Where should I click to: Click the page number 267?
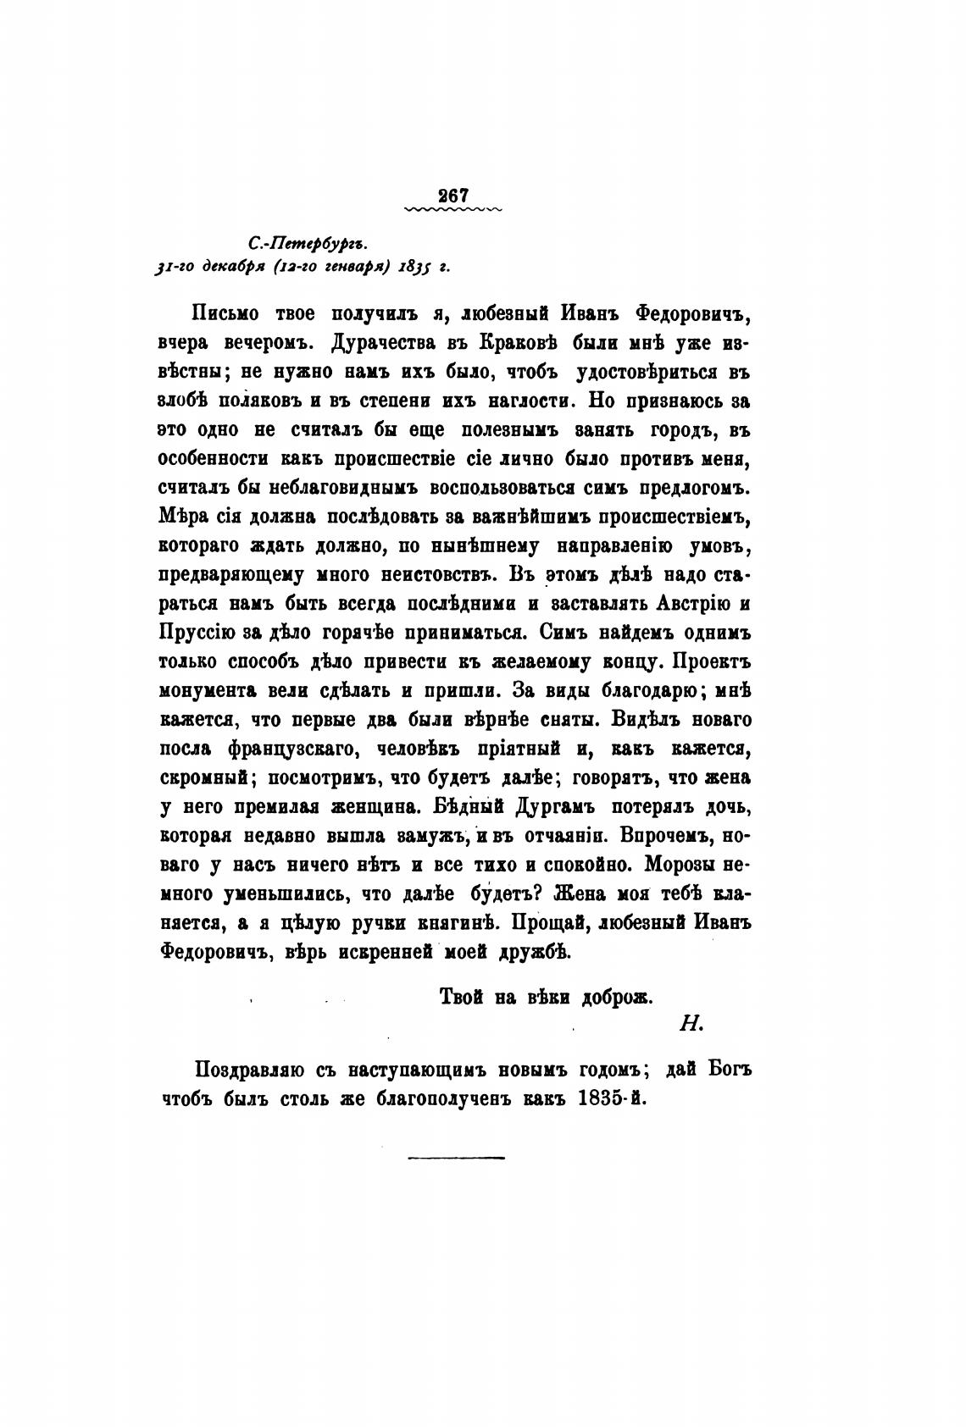454,195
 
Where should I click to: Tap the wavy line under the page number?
454,208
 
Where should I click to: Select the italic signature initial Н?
687,1023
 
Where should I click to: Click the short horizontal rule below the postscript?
456,1155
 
